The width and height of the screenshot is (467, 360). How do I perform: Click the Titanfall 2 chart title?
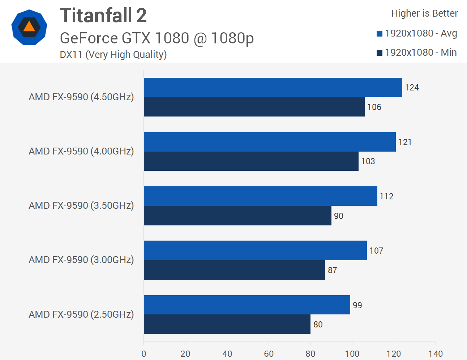[x=103, y=16]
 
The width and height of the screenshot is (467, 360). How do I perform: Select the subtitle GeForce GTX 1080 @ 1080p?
[x=157, y=38]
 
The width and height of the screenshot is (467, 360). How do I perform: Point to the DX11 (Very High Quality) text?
[x=113, y=55]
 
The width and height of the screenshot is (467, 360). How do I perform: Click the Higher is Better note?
[x=424, y=13]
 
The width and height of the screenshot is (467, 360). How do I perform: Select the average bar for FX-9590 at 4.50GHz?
[x=273, y=87]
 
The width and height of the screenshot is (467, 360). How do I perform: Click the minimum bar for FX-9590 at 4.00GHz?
[x=251, y=161]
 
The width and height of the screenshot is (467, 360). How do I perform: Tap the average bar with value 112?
[x=260, y=196]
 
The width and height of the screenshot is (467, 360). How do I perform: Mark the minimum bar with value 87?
[x=234, y=270]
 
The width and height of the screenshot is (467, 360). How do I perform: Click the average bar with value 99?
[x=247, y=305]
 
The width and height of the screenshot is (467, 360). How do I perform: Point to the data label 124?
[x=412, y=88]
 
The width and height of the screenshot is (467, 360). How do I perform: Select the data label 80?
[x=318, y=325]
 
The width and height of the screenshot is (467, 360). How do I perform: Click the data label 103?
[x=368, y=161]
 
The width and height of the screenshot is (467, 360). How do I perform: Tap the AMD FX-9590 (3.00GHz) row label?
[x=81, y=260]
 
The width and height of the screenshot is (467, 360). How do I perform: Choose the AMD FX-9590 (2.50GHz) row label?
[x=81, y=314]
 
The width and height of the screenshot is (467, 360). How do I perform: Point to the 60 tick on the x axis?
[x=269, y=353]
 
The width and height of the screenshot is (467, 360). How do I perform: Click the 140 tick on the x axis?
[x=436, y=353]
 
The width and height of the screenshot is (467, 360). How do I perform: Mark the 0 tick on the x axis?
[x=144, y=353]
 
